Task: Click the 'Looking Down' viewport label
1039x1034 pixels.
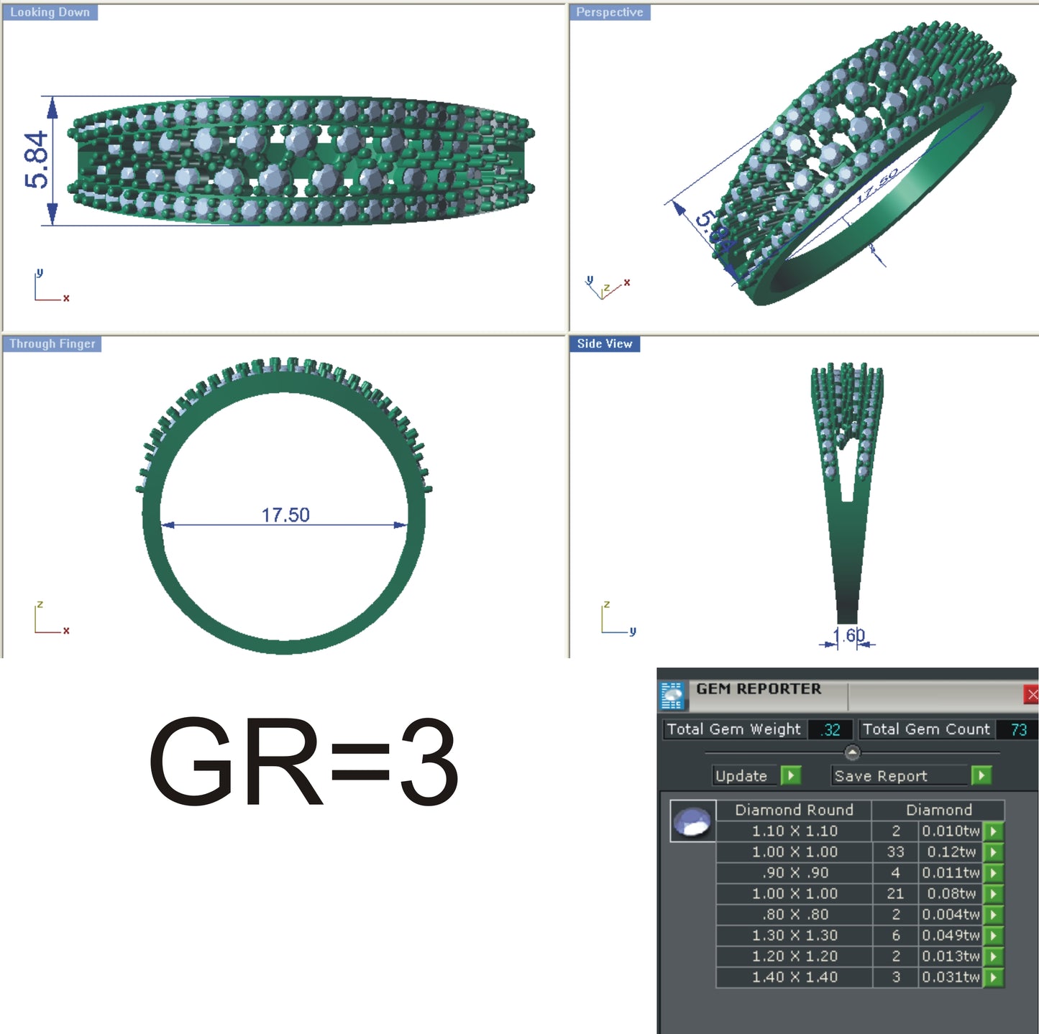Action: (x=50, y=12)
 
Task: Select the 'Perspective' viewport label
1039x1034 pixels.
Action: (x=609, y=12)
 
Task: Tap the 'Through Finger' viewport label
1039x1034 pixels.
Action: (x=52, y=343)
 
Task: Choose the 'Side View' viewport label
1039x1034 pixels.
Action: (x=604, y=343)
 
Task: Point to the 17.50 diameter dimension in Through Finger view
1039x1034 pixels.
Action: (x=285, y=515)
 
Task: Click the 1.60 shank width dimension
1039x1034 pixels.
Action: (x=849, y=636)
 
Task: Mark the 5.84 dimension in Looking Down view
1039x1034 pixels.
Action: (x=37, y=160)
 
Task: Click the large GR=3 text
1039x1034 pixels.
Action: (x=303, y=762)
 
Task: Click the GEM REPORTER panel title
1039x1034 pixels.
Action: (x=758, y=689)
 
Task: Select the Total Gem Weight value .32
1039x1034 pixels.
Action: (x=831, y=730)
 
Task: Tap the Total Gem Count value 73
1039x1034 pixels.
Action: (x=1018, y=730)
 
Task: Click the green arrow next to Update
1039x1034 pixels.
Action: (x=790, y=775)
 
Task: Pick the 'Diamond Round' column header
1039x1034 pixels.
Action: (x=794, y=810)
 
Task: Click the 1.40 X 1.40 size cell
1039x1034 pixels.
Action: (x=795, y=977)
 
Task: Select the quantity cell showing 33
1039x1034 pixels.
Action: (x=895, y=852)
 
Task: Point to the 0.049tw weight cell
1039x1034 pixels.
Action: (x=951, y=936)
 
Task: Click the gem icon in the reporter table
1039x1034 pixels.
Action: (x=692, y=821)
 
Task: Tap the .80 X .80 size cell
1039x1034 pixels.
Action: (x=795, y=915)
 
